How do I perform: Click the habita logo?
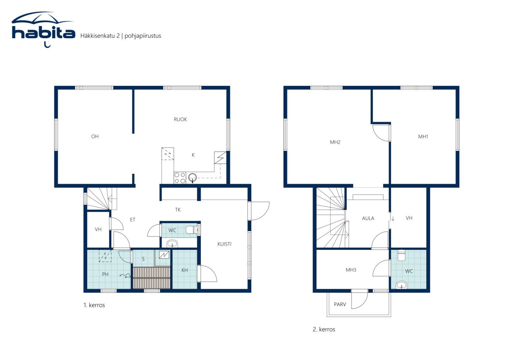(43, 29)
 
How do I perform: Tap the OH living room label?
(95, 136)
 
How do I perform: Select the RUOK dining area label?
(181, 120)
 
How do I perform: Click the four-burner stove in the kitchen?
(180, 178)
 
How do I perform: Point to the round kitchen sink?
(192, 177)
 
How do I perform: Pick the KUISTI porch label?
(224, 244)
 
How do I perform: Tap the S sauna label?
(143, 259)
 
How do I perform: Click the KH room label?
(185, 270)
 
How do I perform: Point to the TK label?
(178, 210)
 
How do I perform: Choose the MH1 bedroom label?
(423, 136)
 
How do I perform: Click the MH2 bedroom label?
(335, 142)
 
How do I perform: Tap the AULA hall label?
(368, 218)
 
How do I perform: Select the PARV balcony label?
(340, 304)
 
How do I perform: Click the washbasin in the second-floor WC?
(402, 285)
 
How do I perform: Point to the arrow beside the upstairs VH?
(393, 219)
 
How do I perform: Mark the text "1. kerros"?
(94, 305)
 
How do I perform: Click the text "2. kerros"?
(324, 329)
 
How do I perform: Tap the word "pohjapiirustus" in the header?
(143, 36)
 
